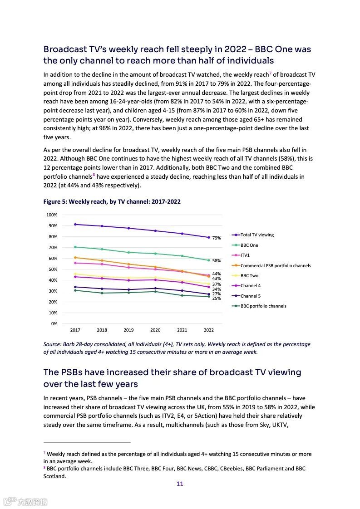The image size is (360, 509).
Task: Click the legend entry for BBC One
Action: point(249,245)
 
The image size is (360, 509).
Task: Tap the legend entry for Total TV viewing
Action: point(257,235)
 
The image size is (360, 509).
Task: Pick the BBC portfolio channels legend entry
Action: point(263,306)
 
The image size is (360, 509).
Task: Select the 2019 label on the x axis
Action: point(128,330)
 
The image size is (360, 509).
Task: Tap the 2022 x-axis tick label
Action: point(208,330)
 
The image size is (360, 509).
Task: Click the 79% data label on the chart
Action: point(217,238)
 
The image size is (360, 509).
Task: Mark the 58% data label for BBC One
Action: point(217,261)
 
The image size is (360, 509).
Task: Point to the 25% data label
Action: point(217,299)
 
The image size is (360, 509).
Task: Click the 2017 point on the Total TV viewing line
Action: point(75,224)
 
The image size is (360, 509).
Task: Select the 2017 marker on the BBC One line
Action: point(75,247)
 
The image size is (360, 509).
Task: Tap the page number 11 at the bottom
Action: point(180,484)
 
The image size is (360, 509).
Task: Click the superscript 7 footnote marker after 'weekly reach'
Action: point(270,73)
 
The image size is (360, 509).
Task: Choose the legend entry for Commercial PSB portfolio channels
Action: point(276,265)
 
